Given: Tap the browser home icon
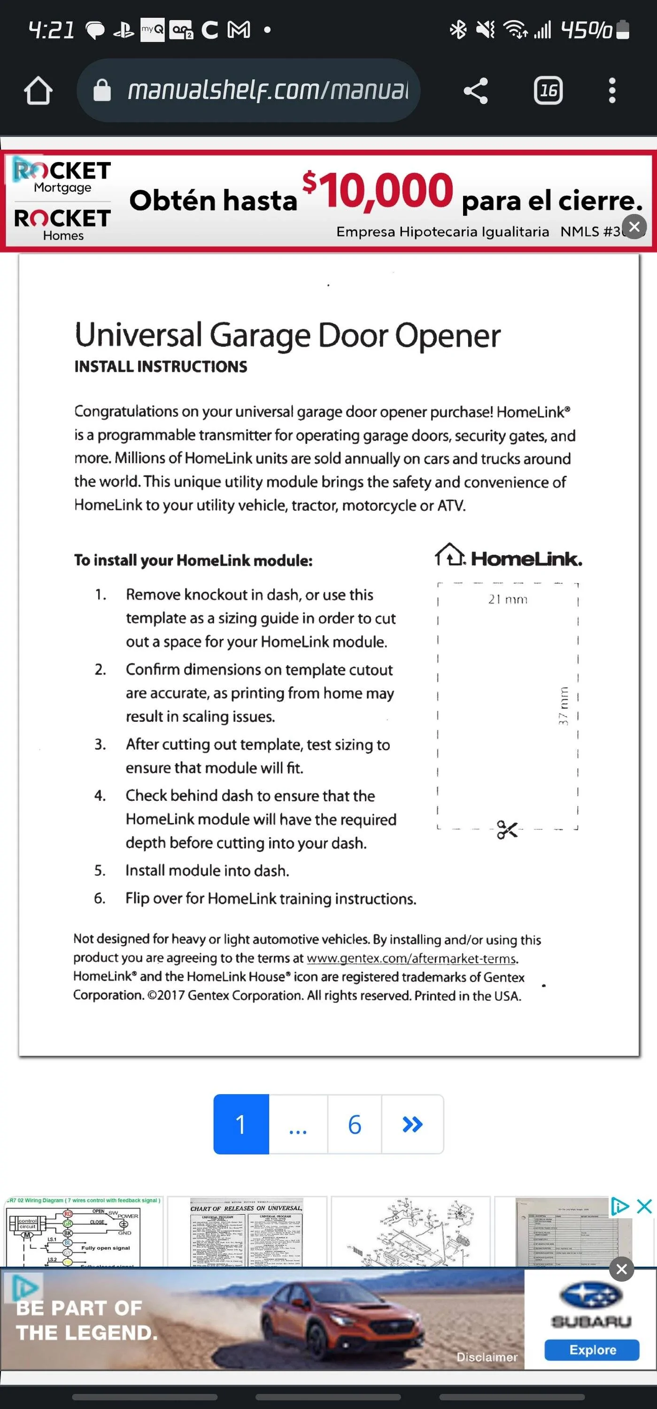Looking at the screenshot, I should [x=38, y=91].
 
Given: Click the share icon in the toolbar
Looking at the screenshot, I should [x=475, y=91].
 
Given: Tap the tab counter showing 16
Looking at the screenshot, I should [x=548, y=91].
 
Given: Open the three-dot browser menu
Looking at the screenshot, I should [x=612, y=91].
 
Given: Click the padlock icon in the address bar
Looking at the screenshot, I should [x=102, y=91].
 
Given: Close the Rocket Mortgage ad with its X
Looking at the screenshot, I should [x=634, y=226].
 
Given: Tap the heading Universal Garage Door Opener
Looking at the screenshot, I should [x=287, y=335].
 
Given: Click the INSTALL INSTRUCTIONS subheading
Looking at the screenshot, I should [x=160, y=366].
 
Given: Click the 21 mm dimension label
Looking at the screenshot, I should [x=508, y=599].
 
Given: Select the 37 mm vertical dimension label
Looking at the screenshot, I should [x=564, y=705].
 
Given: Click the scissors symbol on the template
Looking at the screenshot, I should [x=507, y=829].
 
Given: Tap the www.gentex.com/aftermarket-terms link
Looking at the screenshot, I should [x=411, y=958].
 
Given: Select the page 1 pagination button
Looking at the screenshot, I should [x=241, y=1124].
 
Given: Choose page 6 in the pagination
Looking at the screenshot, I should [x=355, y=1124].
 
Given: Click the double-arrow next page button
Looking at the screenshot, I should [x=412, y=1124].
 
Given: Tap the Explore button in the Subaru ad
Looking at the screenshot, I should [x=592, y=1349].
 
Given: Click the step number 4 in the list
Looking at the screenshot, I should [x=100, y=795].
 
